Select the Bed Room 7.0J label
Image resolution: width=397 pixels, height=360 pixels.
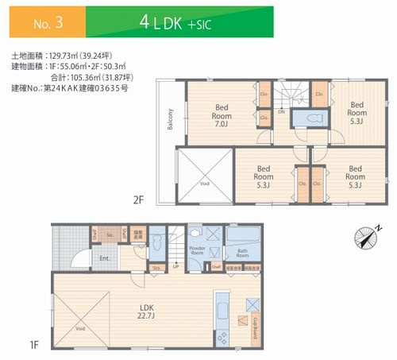[222, 115]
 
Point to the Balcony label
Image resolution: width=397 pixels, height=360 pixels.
[169, 118]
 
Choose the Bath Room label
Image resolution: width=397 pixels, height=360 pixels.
[243, 255]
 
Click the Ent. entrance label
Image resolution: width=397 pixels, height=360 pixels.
[105, 258]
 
